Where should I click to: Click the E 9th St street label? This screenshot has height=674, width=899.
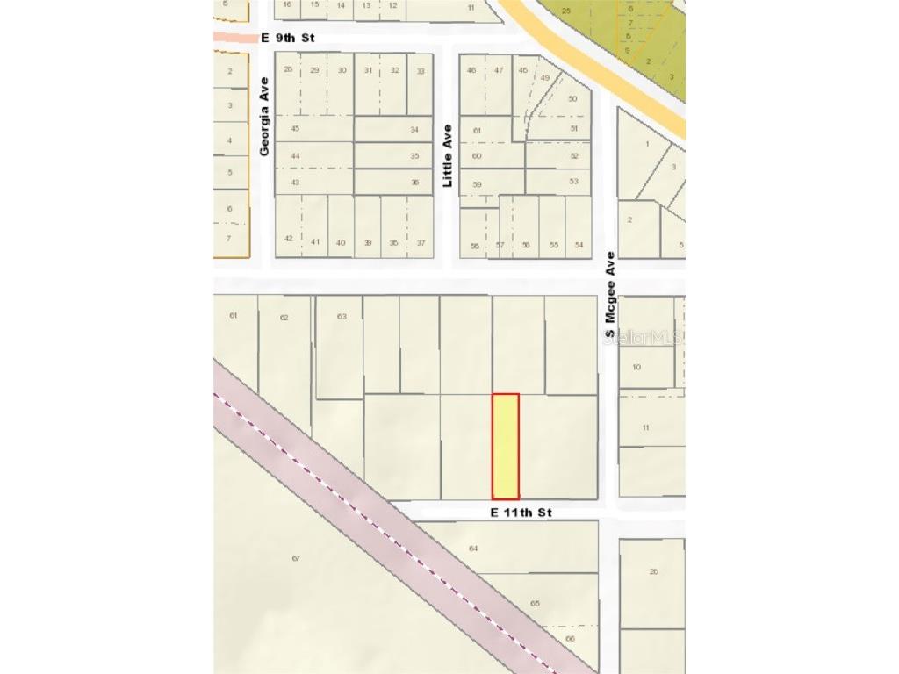pyautogui.click(x=287, y=38)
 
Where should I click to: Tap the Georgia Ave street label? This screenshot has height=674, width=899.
pyautogui.click(x=264, y=116)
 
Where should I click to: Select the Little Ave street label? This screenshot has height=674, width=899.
pyautogui.click(x=447, y=155)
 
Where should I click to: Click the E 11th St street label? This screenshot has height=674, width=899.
pyautogui.click(x=521, y=512)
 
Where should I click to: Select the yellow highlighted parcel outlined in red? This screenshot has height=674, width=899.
pyautogui.click(x=505, y=446)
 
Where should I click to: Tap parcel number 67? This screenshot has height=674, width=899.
pyautogui.click(x=296, y=558)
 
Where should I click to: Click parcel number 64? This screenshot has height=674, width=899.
pyautogui.click(x=473, y=549)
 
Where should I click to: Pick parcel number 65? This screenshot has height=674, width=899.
pyautogui.click(x=536, y=604)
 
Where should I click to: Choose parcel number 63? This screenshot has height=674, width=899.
pyautogui.click(x=342, y=316)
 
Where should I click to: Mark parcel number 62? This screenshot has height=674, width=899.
pyautogui.click(x=284, y=317)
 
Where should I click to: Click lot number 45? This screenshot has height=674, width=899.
pyautogui.click(x=295, y=129)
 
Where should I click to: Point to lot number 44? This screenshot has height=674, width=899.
pyautogui.click(x=295, y=155)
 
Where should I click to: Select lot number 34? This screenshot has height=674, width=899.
pyautogui.click(x=414, y=129)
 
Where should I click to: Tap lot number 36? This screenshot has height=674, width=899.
pyautogui.click(x=414, y=182)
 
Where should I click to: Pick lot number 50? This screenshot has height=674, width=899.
pyautogui.click(x=573, y=99)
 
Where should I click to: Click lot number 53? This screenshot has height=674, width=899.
pyautogui.click(x=574, y=182)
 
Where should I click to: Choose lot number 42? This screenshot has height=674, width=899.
pyautogui.click(x=289, y=239)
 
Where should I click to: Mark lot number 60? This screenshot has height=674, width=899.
pyautogui.click(x=477, y=156)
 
